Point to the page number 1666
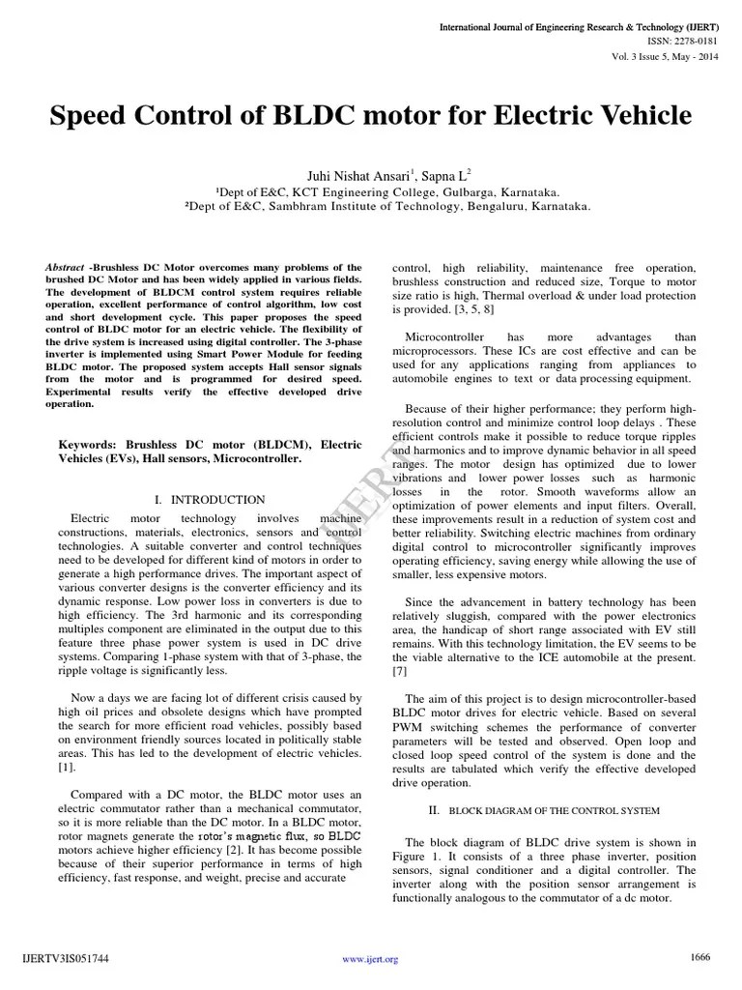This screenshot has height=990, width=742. (x=699, y=957)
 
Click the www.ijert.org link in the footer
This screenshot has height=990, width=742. (x=371, y=959)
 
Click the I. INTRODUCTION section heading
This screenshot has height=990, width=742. (x=210, y=500)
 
